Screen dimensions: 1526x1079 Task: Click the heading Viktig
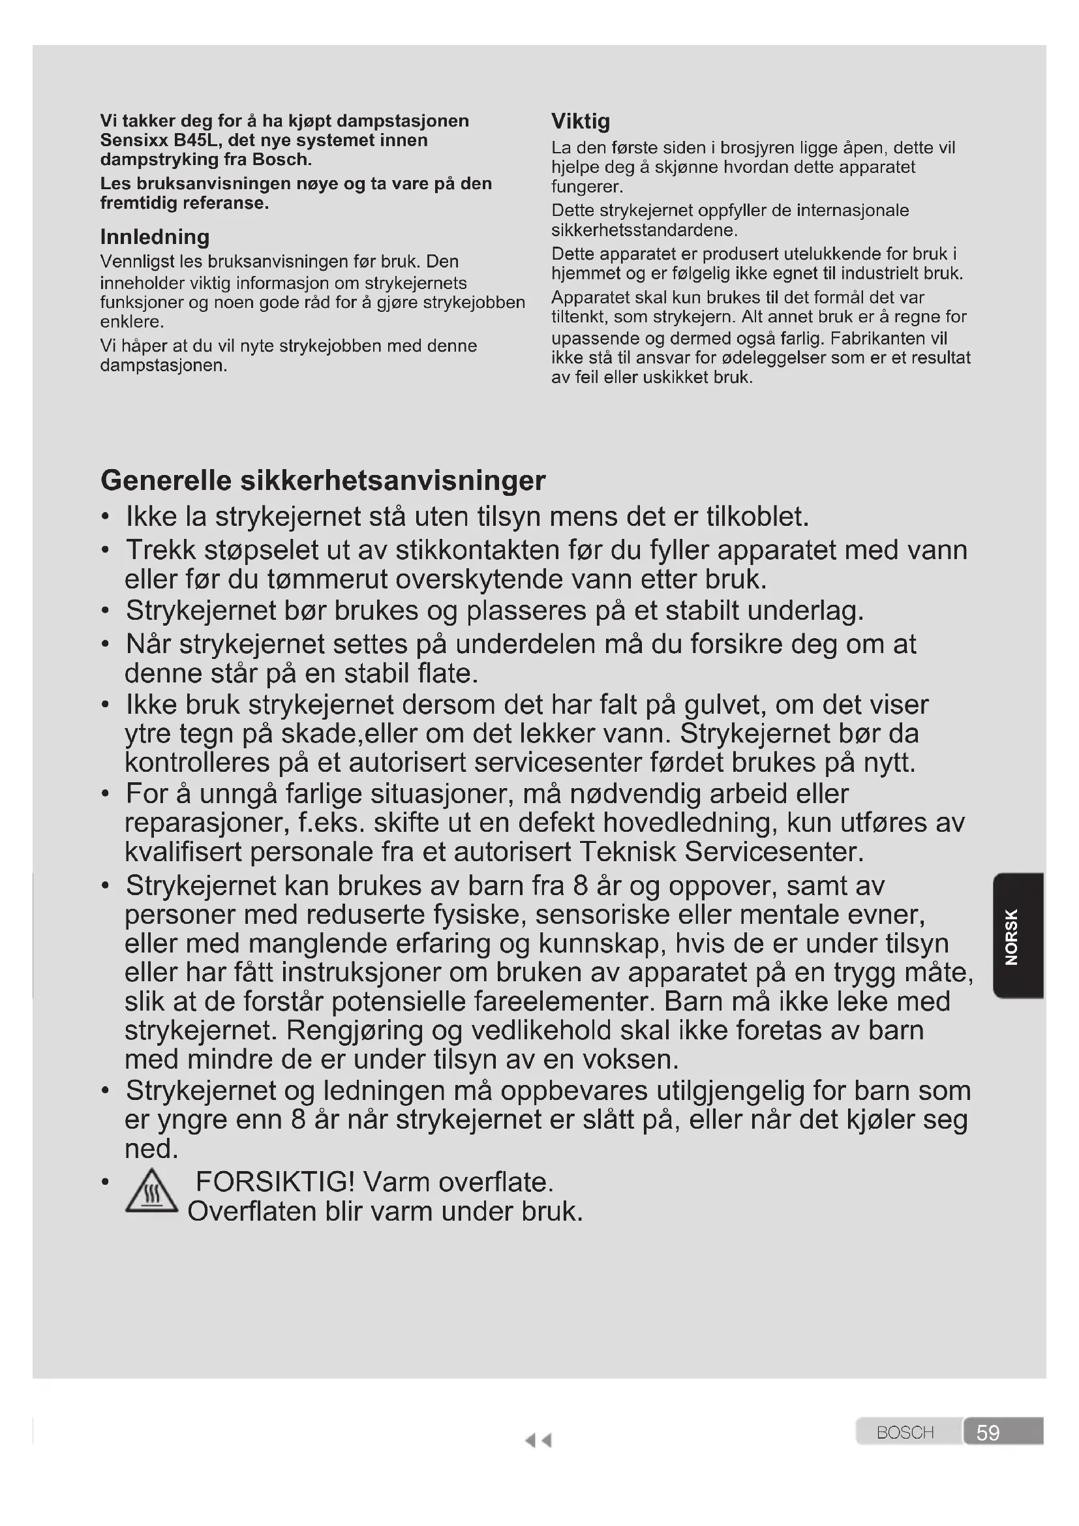pyautogui.click(x=580, y=121)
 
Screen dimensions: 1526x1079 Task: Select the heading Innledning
pyautogui.click(x=155, y=237)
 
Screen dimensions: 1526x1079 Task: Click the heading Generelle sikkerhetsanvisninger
pyautogui.click(x=323, y=481)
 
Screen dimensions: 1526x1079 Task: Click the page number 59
pyautogui.click(x=987, y=1433)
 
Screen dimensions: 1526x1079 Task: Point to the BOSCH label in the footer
pyautogui.click(x=905, y=1433)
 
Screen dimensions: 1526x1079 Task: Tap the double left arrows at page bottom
pyautogui.click(x=538, y=1441)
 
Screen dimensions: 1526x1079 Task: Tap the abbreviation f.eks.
pyautogui.click(x=331, y=823)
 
